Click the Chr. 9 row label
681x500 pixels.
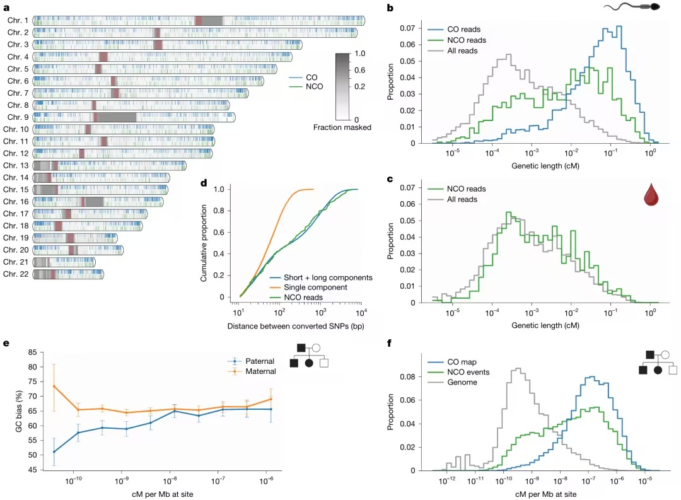click(x=18, y=117)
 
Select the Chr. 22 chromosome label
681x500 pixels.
click(x=16, y=274)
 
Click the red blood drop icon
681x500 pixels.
click(x=651, y=194)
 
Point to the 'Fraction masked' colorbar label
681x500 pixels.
click(x=342, y=127)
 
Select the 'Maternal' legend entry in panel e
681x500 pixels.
click(x=252, y=371)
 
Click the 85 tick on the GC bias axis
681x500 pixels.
click(x=33, y=352)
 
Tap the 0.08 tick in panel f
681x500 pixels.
click(x=407, y=376)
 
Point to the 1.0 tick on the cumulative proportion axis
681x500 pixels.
click(x=219, y=189)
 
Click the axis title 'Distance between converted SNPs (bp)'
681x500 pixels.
click(x=296, y=326)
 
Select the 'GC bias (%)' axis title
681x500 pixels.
click(x=19, y=411)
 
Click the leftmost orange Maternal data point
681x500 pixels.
click(x=54, y=386)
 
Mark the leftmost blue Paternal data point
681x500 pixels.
click(x=54, y=452)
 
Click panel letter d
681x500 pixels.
click(x=204, y=183)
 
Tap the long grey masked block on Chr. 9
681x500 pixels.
click(x=117, y=117)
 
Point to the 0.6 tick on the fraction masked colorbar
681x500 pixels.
click(x=360, y=70)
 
